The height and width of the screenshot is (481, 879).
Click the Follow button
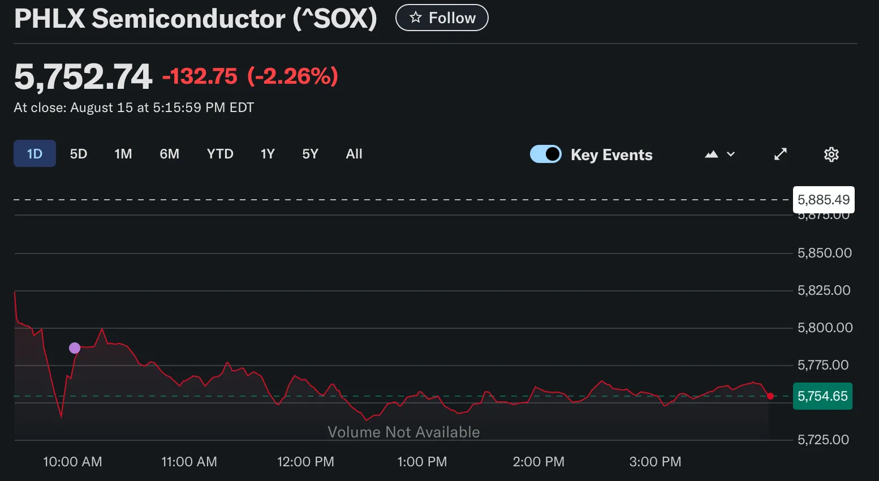pyautogui.click(x=442, y=18)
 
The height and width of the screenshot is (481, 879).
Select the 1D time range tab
pyautogui.click(x=35, y=154)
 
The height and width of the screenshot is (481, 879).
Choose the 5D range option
pyautogui.click(x=79, y=154)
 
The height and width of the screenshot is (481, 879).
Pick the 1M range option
pyautogui.click(x=123, y=154)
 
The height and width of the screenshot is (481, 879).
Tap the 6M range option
pyautogui.click(x=169, y=154)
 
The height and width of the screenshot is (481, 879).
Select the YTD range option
pyautogui.click(x=220, y=154)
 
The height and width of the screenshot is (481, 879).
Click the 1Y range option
pyautogui.click(x=268, y=154)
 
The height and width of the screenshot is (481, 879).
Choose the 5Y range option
pyautogui.click(x=310, y=154)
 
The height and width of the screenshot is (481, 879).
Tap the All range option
pyautogui.click(x=354, y=154)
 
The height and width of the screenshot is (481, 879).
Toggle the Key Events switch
pyautogui.click(x=546, y=154)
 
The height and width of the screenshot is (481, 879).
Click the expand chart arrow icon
pyautogui.click(x=781, y=154)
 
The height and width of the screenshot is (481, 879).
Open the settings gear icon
pyautogui.click(x=831, y=154)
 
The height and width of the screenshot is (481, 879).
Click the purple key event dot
pyautogui.click(x=75, y=348)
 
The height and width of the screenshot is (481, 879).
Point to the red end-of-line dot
pyautogui.click(x=770, y=396)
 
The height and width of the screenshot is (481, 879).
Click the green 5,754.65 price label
pyautogui.click(x=822, y=396)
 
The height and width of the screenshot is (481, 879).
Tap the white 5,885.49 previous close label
pyautogui.click(x=824, y=200)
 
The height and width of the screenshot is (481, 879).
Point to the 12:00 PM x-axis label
pyautogui.click(x=305, y=462)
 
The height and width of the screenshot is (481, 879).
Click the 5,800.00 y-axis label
pyautogui.click(x=825, y=328)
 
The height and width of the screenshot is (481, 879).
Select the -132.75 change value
pyautogui.click(x=200, y=76)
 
